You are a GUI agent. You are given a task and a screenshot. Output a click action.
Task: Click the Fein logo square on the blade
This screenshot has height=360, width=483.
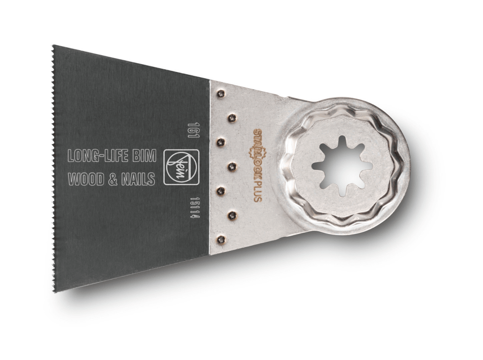[x=181, y=167]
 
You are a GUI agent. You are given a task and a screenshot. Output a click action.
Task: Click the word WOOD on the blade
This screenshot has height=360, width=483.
[x=85, y=179]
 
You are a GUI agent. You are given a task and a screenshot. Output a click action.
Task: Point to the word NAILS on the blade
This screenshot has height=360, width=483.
[x=138, y=179]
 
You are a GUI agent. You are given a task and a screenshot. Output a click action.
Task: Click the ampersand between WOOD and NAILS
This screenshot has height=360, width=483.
[x=112, y=179]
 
